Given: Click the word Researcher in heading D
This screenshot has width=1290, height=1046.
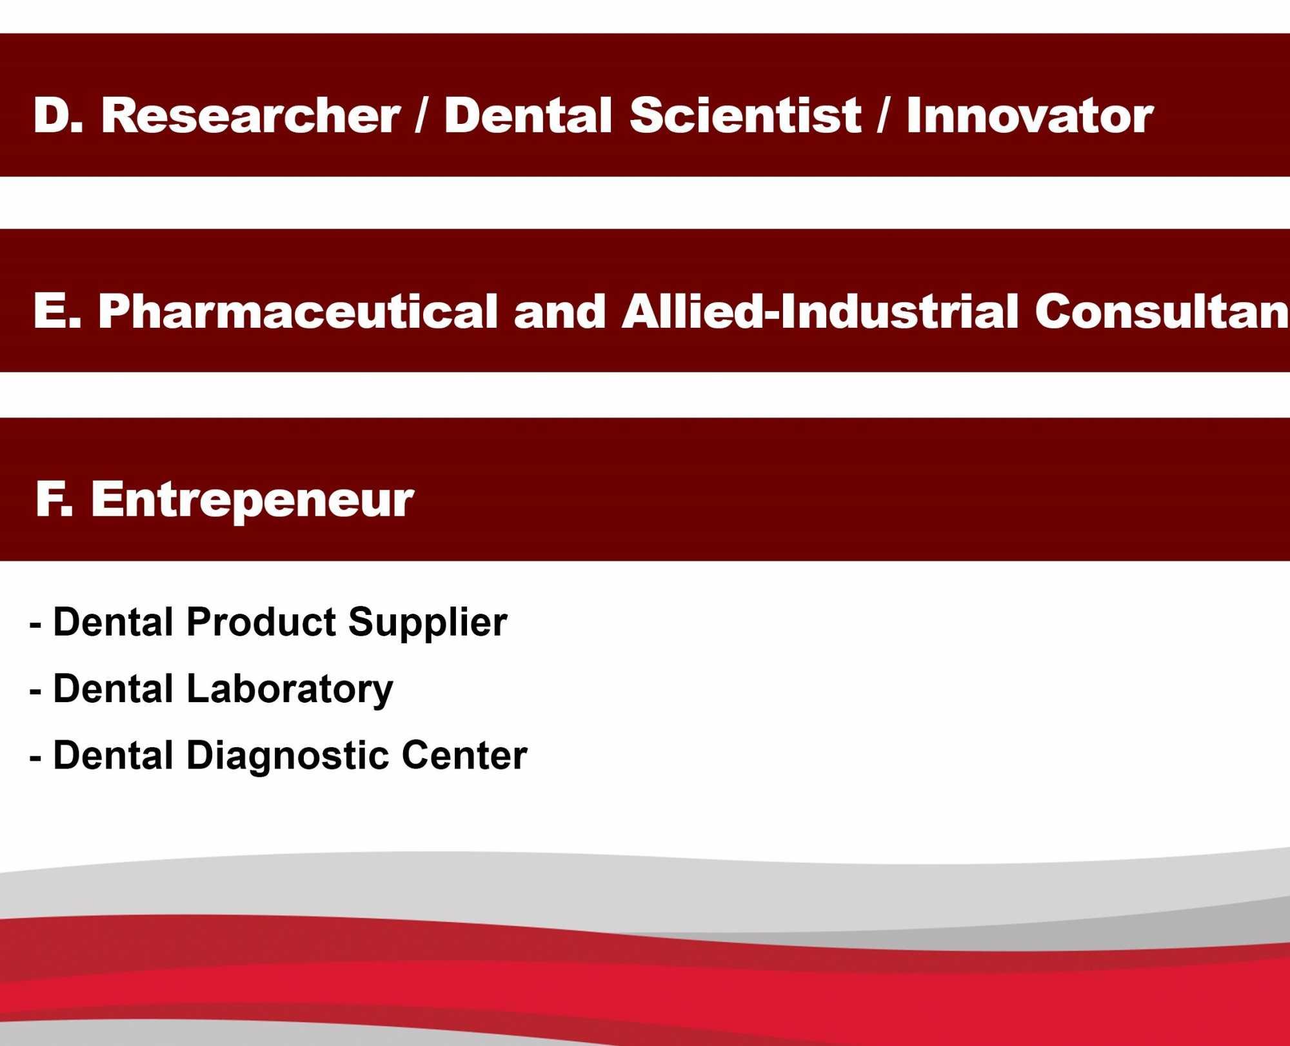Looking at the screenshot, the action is (x=251, y=116).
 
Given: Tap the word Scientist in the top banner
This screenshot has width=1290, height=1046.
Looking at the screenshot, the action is (x=745, y=116).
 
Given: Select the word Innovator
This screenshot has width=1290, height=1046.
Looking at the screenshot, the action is (x=1029, y=116).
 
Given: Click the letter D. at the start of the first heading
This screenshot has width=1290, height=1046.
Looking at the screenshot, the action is (x=58, y=116).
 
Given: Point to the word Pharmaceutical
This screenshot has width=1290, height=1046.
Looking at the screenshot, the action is (x=298, y=311).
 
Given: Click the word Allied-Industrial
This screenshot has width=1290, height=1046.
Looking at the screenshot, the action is (x=820, y=311).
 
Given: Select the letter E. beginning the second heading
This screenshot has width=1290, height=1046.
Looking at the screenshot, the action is (x=57, y=311).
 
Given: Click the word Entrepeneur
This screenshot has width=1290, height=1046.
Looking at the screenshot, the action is (x=252, y=500).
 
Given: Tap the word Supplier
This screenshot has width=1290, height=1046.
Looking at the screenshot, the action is (x=428, y=623).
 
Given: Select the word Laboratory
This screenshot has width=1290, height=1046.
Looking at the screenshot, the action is (x=290, y=690).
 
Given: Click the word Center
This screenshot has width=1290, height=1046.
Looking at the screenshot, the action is (x=464, y=755).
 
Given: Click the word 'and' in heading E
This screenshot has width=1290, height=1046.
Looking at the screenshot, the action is (x=559, y=311).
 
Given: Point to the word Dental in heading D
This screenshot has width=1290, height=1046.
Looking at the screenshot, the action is (x=528, y=116).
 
